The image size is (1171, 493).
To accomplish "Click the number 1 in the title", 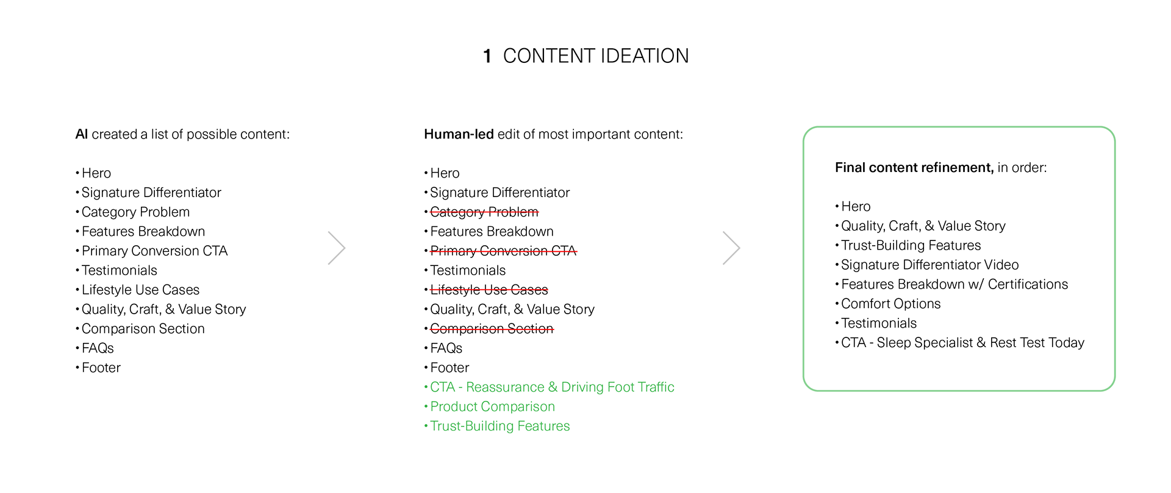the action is click(487, 57).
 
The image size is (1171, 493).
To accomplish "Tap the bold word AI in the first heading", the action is click(82, 134).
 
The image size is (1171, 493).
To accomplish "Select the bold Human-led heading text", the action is click(459, 134).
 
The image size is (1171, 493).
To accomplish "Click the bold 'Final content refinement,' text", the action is click(914, 168).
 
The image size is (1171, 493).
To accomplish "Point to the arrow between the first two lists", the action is click(337, 248).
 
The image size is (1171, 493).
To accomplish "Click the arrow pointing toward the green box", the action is click(731, 248).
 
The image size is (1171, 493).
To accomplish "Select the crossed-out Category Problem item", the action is click(484, 212).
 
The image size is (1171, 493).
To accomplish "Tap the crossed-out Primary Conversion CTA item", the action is click(503, 251).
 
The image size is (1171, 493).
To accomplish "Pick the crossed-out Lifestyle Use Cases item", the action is click(489, 290).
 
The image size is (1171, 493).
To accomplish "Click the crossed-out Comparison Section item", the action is click(492, 329).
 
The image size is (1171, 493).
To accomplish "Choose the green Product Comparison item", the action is click(492, 407).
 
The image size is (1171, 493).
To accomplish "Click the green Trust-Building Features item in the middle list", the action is click(500, 426).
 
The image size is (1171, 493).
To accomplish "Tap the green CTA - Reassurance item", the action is click(552, 387).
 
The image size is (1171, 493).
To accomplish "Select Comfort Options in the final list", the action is click(890, 304).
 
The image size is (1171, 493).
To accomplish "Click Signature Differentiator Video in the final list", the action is click(929, 265).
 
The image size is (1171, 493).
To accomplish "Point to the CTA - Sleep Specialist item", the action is click(962, 343).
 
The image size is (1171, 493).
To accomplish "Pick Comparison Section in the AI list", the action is click(143, 329).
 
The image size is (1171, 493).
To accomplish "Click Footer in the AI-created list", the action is click(101, 368).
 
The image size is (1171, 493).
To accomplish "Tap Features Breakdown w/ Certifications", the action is click(954, 284).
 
